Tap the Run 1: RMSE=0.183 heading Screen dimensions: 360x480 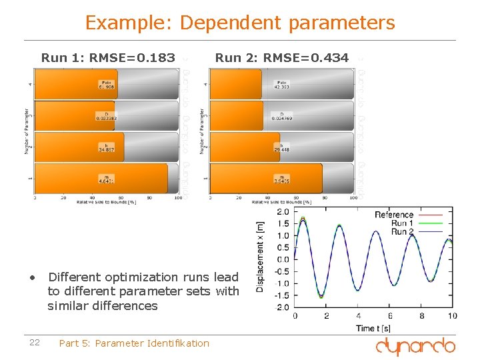108,58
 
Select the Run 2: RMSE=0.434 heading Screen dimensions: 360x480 281,58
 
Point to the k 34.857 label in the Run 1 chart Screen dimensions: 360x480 105,147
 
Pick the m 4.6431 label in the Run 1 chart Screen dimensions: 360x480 105,179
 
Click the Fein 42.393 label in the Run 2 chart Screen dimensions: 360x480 281,84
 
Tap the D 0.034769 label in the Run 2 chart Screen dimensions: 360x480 281,116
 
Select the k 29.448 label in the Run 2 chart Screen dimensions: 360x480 281,147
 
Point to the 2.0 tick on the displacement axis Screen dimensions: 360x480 283,212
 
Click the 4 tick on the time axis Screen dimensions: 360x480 358,315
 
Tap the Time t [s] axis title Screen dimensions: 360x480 374,327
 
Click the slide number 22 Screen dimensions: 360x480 35,343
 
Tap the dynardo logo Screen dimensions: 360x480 415,345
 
